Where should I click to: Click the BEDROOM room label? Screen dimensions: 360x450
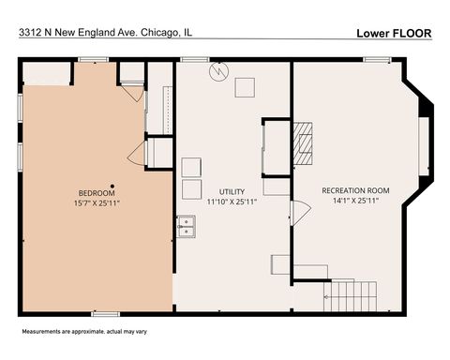tap(96, 192)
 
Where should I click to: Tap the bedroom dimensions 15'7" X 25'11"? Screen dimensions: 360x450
tap(96, 202)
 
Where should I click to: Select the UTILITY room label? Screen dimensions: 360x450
tap(232, 191)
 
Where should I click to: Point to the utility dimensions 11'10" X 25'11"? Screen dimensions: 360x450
tap(232, 201)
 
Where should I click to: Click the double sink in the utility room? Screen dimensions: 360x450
tap(187, 225)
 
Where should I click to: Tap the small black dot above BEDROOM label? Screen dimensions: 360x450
tap(112, 184)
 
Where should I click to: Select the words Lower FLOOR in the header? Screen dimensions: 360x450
tap(394, 33)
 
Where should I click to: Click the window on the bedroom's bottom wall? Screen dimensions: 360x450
tap(105, 312)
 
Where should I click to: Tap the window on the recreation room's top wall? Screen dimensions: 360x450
tap(377, 60)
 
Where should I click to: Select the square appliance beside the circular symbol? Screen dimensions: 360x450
tap(245, 87)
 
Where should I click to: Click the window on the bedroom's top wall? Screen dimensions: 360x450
tap(93, 60)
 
